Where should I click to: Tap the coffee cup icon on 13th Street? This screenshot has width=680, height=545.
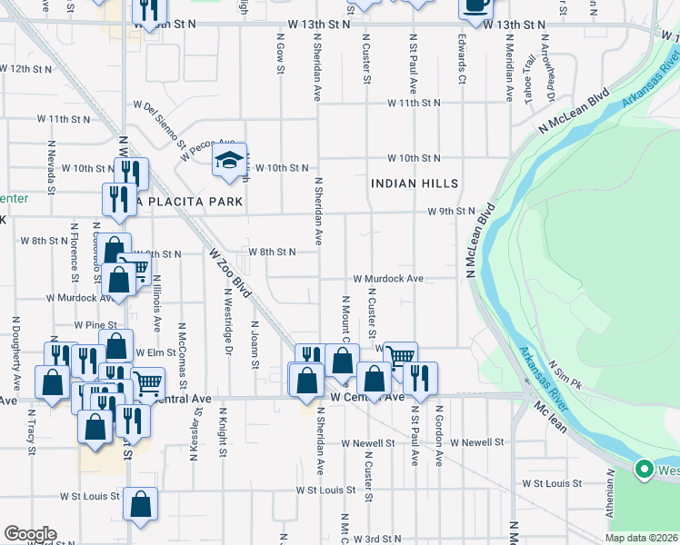[475, 5]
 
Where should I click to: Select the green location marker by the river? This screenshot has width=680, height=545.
[645, 470]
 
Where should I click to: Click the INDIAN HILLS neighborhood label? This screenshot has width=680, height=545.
[414, 183]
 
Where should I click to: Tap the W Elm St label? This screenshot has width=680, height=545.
[155, 352]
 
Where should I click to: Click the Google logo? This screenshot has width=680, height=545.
[30, 534]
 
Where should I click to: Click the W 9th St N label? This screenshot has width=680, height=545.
[452, 211]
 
